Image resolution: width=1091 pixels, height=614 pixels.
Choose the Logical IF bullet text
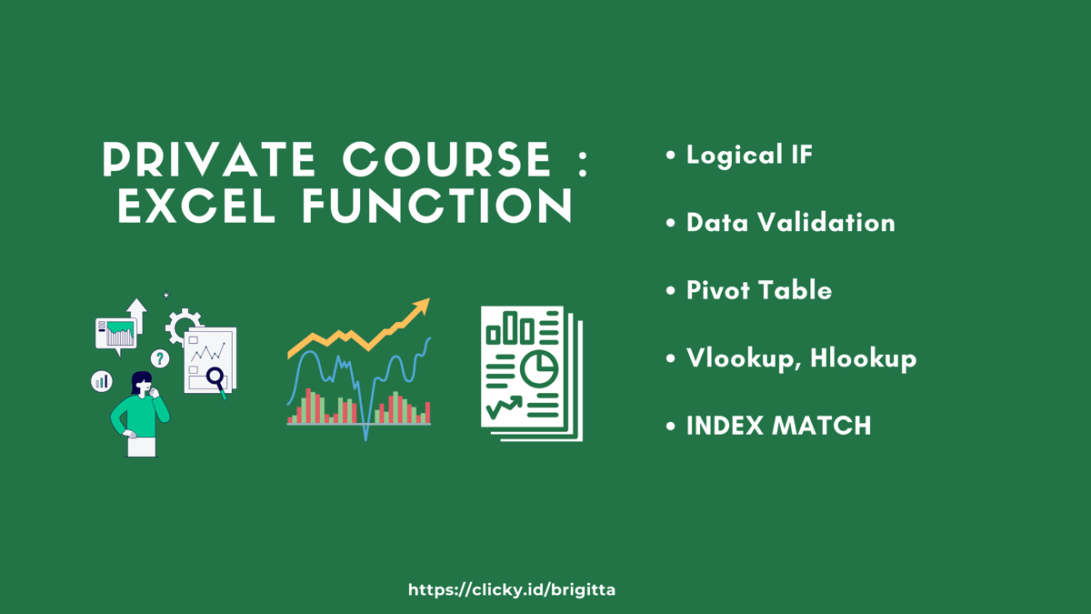pos(749,156)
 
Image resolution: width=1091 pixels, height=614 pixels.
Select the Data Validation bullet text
pos(790,223)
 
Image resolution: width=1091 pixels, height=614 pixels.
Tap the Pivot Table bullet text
pos(758,291)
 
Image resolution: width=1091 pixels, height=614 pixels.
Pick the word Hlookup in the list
pos(863,358)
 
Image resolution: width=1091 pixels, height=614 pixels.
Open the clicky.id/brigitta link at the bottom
pos(512,590)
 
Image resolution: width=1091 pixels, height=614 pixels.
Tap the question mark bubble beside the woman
pos(160,358)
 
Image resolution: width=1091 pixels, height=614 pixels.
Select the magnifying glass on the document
pos(215,377)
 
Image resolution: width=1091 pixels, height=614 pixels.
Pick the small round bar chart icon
pos(102,381)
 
